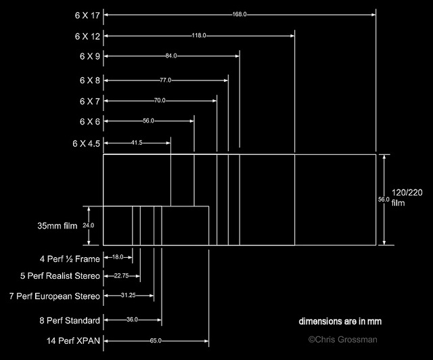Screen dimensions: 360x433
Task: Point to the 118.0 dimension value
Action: point(200,35)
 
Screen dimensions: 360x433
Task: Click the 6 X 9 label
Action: point(89,56)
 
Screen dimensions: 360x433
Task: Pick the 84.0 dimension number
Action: point(170,56)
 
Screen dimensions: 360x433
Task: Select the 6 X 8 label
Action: point(89,80)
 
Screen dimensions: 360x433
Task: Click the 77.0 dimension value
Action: point(166,80)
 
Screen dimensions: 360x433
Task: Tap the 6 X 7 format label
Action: point(89,101)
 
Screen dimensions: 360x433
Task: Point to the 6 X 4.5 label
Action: point(86,143)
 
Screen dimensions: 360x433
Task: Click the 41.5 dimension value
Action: point(137,143)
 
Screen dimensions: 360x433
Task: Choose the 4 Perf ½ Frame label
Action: point(70,258)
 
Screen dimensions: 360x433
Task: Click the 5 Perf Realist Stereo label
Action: point(60,276)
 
